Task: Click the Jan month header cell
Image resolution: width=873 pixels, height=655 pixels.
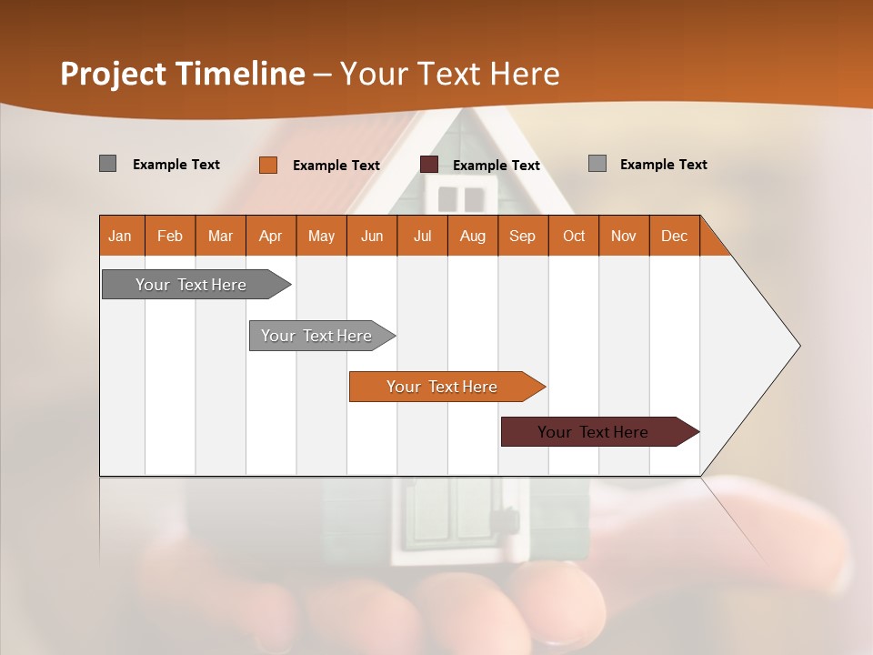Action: [x=121, y=236]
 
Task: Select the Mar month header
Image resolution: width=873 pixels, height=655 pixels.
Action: [x=220, y=236]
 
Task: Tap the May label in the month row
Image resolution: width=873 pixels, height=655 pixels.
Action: [x=321, y=236]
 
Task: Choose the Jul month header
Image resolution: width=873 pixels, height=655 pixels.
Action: [x=422, y=236]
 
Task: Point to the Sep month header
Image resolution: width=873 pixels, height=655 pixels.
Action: [x=522, y=236]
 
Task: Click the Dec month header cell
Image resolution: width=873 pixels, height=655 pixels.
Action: [x=674, y=236]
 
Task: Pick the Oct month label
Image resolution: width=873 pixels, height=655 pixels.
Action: [x=574, y=236]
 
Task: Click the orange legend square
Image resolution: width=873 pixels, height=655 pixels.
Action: [x=268, y=165]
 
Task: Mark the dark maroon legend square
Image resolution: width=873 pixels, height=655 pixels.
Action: [x=429, y=165]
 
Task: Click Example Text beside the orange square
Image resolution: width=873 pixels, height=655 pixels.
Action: [x=336, y=166]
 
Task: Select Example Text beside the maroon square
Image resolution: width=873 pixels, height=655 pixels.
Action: [x=497, y=166]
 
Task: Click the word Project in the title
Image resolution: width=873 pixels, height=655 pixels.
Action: [x=112, y=74]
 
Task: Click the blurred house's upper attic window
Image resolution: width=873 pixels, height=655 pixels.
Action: [x=461, y=198]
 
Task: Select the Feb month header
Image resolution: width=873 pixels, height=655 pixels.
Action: [x=170, y=236]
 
